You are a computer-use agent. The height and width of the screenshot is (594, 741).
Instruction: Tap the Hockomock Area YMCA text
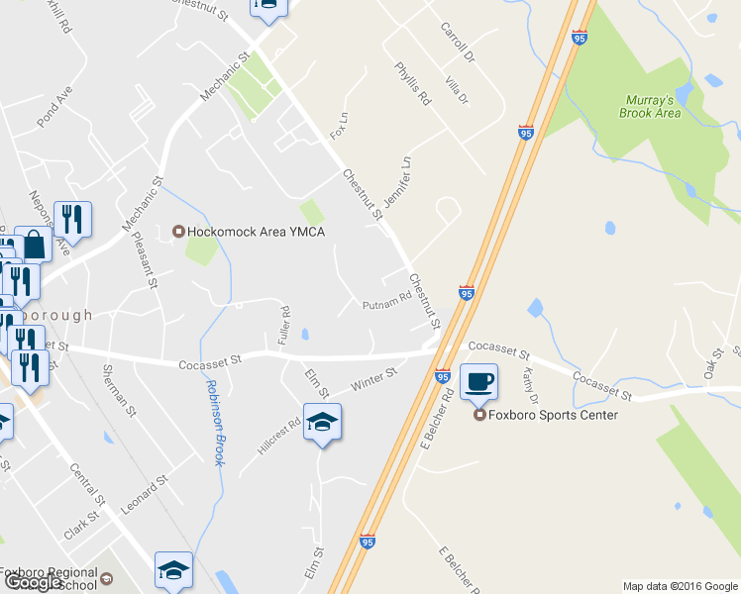(257, 232)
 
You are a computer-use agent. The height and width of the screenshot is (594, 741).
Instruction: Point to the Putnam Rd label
(386, 301)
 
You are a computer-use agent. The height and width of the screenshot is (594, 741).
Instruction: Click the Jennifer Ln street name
(397, 181)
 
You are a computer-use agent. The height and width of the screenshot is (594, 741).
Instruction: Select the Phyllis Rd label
(413, 84)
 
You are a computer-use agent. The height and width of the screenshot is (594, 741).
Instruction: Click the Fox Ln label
(338, 126)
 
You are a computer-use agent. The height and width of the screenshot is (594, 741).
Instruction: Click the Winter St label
(373, 378)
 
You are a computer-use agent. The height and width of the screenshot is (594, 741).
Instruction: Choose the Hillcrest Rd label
(278, 437)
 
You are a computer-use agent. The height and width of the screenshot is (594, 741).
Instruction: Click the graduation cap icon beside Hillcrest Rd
(323, 422)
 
